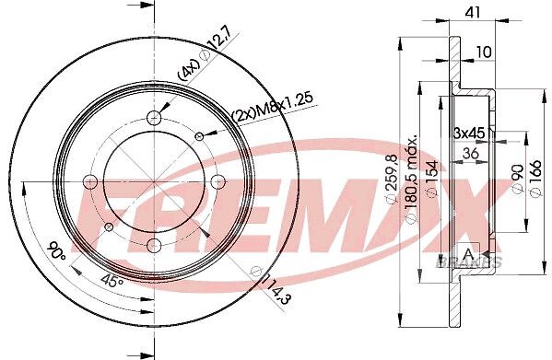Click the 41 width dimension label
point(473,12)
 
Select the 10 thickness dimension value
point(484,52)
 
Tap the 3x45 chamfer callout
point(469,133)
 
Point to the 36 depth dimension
point(470,153)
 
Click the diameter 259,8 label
point(392,179)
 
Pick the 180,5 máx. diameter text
point(411,179)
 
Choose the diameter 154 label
point(432,178)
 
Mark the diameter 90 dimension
point(517,179)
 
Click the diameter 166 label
point(535,179)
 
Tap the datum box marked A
point(468,253)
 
